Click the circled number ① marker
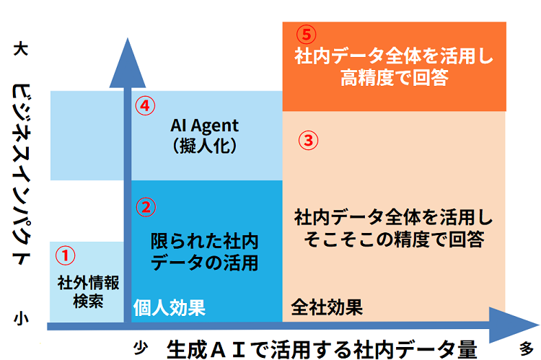click(x=66, y=255)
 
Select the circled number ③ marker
click(x=308, y=141)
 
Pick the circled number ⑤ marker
click(x=307, y=35)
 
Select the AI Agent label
click(x=204, y=125)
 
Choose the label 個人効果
click(x=170, y=308)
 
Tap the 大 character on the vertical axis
click(x=21, y=51)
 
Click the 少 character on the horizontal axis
click(x=141, y=347)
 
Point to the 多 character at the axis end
click(x=527, y=346)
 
